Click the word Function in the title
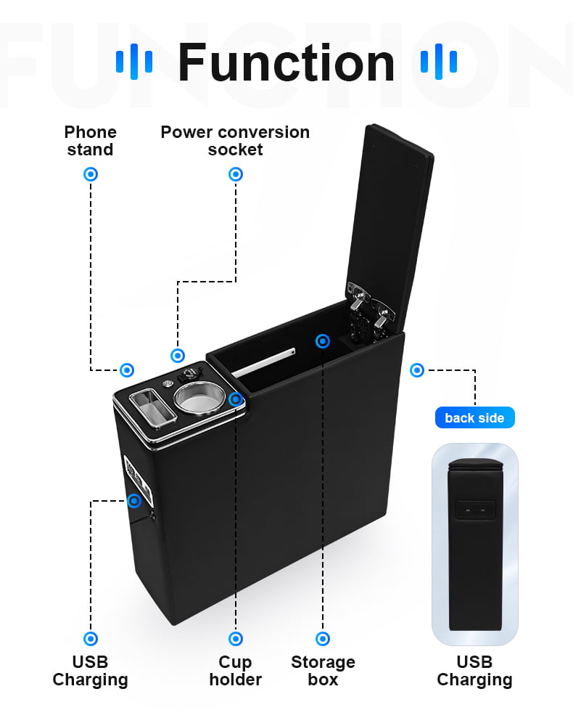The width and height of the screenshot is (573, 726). (x=286, y=62)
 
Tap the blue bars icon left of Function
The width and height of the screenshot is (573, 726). (x=134, y=62)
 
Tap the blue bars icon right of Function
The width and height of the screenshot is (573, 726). (x=439, y=62)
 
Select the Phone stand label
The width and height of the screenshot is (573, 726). (x=90, y=141)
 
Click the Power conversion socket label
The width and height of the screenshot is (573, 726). (x=235, y=141)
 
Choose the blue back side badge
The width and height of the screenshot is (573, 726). (x=474, y=417)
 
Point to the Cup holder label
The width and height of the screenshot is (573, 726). (x=236, y=671)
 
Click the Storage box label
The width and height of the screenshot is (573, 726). (x=323, y=671)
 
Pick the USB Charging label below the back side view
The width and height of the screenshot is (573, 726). (x=474, y=671)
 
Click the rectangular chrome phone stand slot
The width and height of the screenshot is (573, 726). (x=153, y=407)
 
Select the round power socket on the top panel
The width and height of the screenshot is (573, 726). (x=190, y=374)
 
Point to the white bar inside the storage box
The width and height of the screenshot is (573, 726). (x=263, y=362)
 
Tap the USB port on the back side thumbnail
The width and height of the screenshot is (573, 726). (x=475, y=510)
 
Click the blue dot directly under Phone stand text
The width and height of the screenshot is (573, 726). (x=91, y=174)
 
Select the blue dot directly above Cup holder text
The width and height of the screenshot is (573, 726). (x=236, y=639)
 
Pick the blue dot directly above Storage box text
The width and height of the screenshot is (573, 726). (x=323, y=639)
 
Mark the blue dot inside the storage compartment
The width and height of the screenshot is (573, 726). (x=323, y=341)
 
